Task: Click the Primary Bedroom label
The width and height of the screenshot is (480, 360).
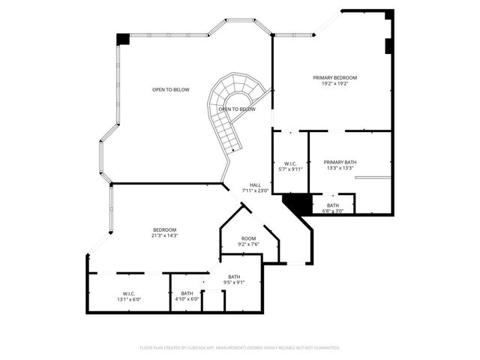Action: click(x=334, y=77)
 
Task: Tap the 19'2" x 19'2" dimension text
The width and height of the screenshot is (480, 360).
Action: click(x=334, y=83)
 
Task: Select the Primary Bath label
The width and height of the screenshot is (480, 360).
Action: click(x=340, y=162)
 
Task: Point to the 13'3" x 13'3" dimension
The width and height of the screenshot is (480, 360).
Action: click(x=340, y=168)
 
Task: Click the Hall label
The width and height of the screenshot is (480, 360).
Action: click(x=255, y=184)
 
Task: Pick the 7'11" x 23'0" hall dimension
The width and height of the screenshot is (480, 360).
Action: click(x=255, y=190)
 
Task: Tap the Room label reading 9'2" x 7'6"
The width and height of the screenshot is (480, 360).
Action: click(x=248, y=238)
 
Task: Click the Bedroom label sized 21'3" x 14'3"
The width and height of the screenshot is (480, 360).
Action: click(x=165, y=229)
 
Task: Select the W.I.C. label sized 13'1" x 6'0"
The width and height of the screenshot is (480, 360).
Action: click(x=128, y=293)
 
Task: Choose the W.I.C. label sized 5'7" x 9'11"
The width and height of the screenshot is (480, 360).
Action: click(x=289, y=163)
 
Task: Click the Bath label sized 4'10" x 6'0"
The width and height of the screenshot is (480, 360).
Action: click(x=187, y=293)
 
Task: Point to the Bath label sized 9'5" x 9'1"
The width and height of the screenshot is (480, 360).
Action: click(x=234, y=277)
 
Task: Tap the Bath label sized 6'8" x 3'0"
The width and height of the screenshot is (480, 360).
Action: click(x=332, y=205)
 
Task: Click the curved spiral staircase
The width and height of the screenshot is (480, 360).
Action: click(x=225, y=127)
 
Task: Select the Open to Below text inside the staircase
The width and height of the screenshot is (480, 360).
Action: click(x=236, y=109)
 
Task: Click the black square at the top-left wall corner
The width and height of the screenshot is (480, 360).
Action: click(x=122, y=39)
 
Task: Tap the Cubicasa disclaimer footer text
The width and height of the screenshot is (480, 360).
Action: click(x=240, y=348)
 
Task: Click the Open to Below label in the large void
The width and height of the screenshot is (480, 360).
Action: click(x=170, y=90)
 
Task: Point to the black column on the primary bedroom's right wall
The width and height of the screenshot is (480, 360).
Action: click(x=388, y=46)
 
